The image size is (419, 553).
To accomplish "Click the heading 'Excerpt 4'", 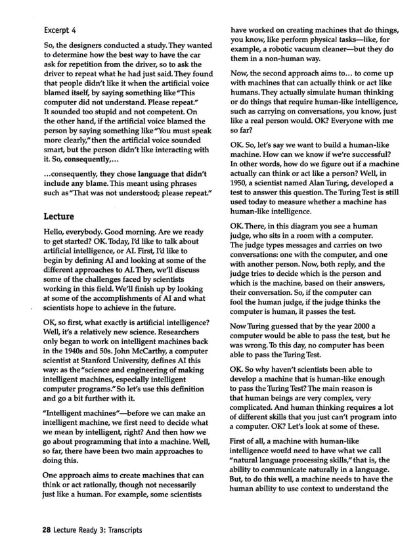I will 60,30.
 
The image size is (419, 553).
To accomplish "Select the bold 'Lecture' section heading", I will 58,215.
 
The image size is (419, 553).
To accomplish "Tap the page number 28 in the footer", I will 47,529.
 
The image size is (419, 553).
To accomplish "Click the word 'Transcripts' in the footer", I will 120,529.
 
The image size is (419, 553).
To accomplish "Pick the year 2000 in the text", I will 355,326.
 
